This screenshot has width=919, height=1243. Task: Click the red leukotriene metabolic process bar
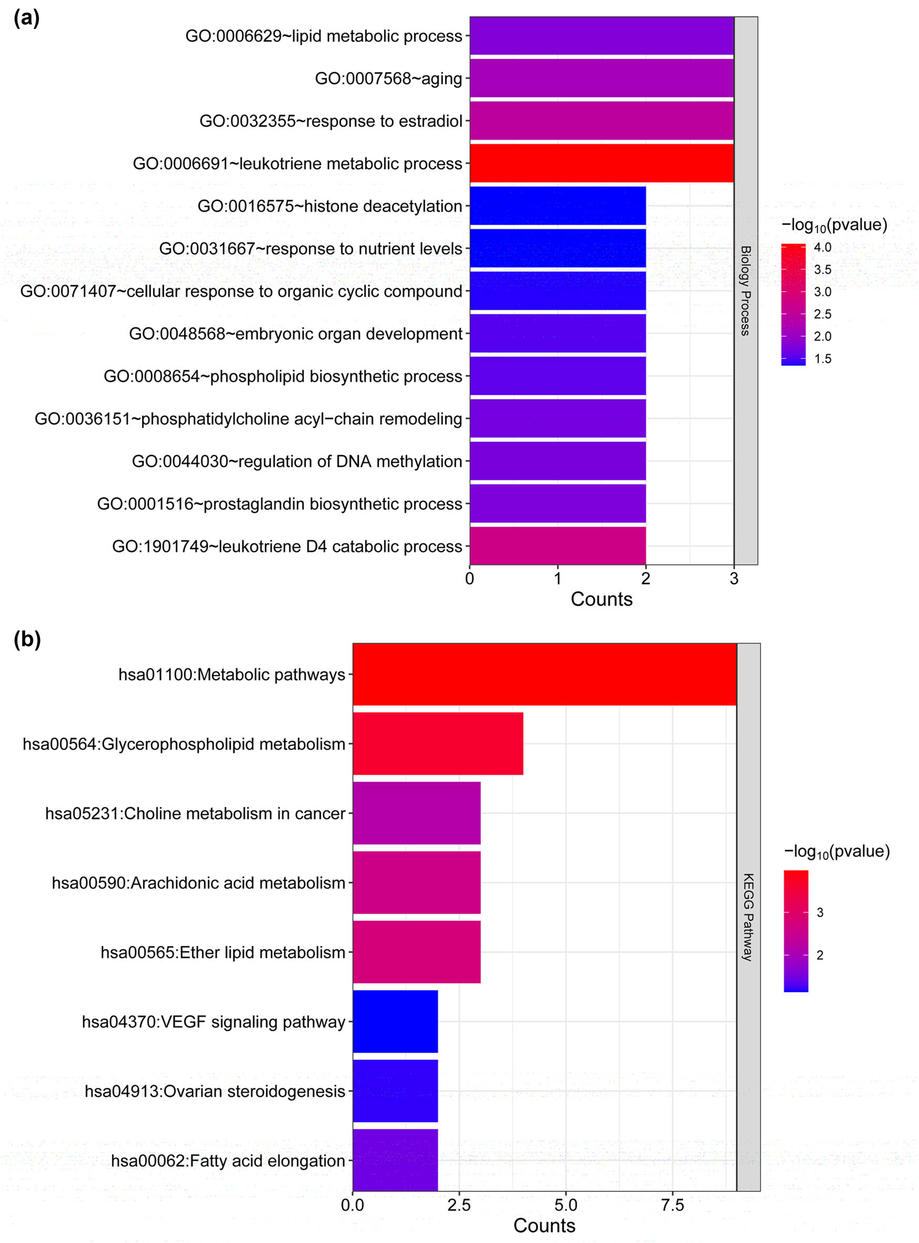601,163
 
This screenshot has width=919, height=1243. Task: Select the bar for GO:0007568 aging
601,78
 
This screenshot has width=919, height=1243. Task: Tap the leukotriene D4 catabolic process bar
557,546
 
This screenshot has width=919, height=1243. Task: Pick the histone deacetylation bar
557,206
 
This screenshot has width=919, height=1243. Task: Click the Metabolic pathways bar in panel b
544,675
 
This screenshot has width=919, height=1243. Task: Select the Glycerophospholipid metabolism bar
438,743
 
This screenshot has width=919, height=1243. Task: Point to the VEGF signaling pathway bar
395,1021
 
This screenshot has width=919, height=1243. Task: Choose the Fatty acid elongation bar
395,1160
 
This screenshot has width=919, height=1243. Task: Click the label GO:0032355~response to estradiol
330,121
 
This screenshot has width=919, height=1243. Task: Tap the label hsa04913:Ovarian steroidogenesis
215,1091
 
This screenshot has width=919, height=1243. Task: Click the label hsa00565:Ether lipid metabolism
223,952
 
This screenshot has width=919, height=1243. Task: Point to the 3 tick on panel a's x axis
734,578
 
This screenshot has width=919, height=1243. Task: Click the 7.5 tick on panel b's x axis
672,1205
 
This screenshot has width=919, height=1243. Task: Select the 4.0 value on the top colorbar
822,247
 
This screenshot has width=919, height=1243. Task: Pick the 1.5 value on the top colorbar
822,359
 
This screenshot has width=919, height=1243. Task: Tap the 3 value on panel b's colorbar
819,913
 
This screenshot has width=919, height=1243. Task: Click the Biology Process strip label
745,291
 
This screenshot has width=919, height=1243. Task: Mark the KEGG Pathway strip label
748,917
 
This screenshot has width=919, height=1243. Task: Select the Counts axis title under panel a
601,599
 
